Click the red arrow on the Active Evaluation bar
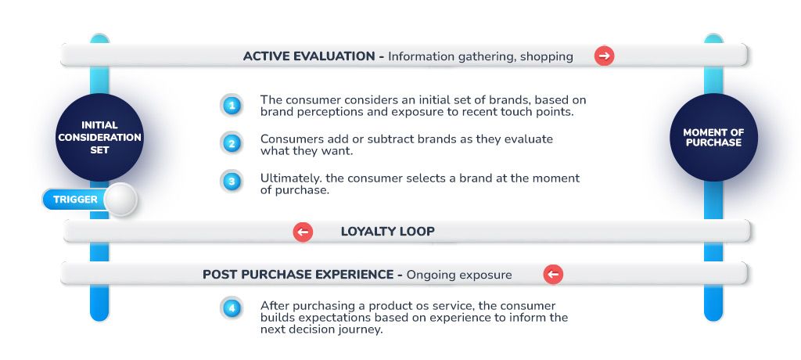click(604, 56)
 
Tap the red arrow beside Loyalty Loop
click(303, 232)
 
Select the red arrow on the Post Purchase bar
click(553, 275)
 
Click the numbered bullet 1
click(232, 106)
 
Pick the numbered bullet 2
click(232, 144)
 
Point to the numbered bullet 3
click(232, 182)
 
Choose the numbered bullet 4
click(232, 308)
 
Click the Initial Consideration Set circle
click(99, 137)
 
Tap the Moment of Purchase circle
click(713, 137)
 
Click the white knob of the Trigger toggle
click(120, 199)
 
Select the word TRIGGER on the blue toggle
click(75, 200)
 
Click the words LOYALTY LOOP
click(388, 232)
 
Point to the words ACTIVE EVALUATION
click(309, 56)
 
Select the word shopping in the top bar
click(547, 57)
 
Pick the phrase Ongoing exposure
click(458, 275)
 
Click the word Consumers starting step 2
click(286, 139)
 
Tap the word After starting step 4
click(274, 306)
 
